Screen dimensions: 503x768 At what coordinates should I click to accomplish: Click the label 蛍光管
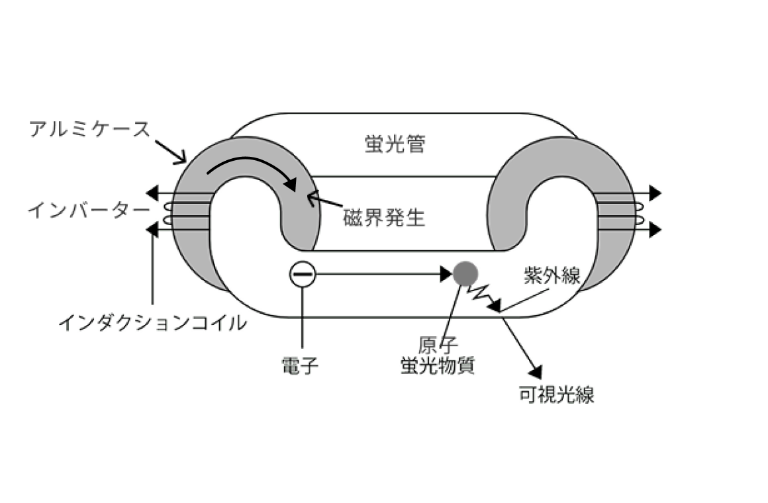[394, 144]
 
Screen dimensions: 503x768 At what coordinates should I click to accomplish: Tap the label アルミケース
[90, 128]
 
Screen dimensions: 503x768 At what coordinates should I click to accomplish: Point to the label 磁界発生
[384, 216]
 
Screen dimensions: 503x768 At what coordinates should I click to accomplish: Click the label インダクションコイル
[153, 323]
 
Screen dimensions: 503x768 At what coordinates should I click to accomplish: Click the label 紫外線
[552, 275]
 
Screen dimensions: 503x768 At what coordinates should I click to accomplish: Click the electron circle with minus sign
[303, 273]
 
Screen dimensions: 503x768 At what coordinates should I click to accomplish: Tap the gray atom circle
[465, 272]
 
